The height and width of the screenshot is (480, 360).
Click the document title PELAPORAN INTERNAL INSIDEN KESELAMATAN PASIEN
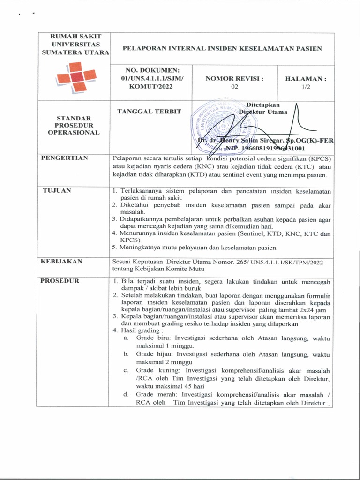(x=222, y=48)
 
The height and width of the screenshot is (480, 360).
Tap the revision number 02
(x=234, y=87)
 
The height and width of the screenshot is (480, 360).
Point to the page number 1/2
(x=306, y=87)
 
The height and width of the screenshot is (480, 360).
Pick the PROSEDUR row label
(x=60, y=281)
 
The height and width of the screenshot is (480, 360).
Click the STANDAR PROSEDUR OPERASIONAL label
(x=75, y=125)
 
